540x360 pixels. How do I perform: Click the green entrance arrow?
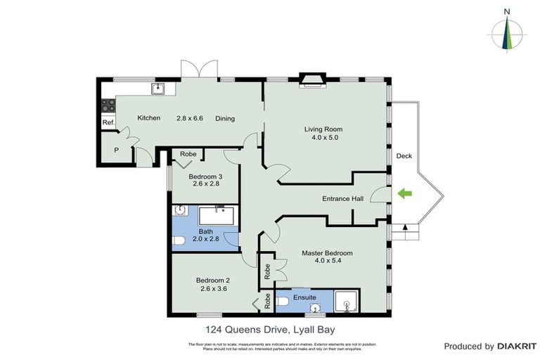[404, 193]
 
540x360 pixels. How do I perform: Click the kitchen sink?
[159, 88]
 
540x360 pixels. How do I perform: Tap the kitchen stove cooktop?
[108, 105]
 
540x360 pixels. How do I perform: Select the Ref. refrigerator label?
[108, 123]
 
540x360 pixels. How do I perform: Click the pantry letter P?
[115, 149]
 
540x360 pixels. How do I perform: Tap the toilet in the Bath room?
[178, 240]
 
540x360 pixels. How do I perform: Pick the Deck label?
[404, 156]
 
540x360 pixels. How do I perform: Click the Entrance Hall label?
[342, 199]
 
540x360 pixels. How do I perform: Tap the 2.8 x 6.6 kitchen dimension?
[189, 118]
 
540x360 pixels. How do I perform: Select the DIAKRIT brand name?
[516, 346]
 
